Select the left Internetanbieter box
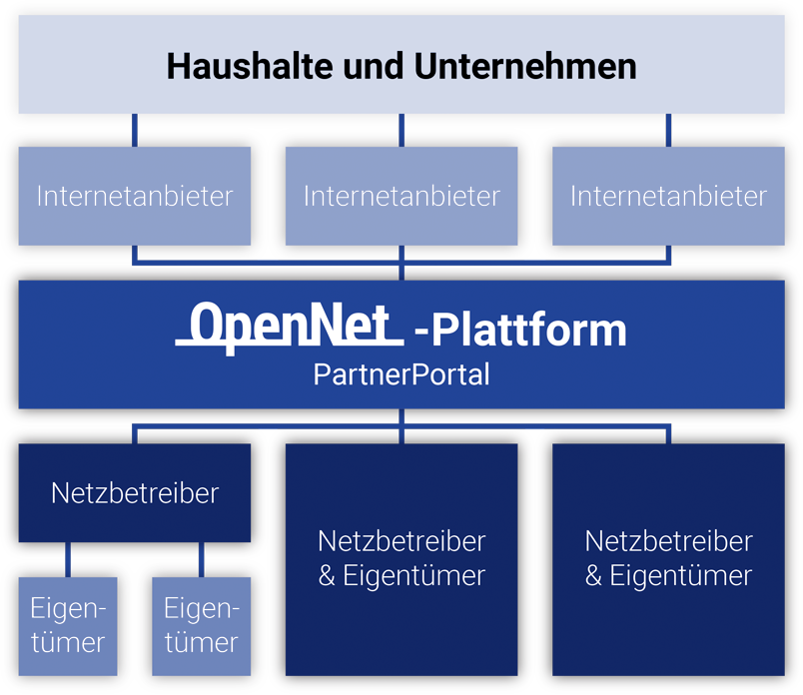pyautogui.click(x=135, y=196)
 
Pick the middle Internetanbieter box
pyautogui.click(x=401, y=196)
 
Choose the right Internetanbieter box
pyautogui.click(x=668, y=196)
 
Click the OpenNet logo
pyautogui.click(x=290, y=327)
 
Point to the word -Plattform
pyautogui.click(x=520, y=330)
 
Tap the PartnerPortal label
pyautogui.click(x=401, y=374)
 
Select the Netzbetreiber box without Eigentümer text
pyautogui.click(x=135, y=493)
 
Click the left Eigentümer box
pyautogui.click(x=68, y=625)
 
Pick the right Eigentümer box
pyautogui.click(x=201, y=625)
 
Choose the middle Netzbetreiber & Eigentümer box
pyautogui.click(x=401, y=558)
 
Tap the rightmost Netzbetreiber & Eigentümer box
pyautogui.click(x=668, y=558)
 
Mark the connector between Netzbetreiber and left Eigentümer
pyautogui.click(x=68, y=560)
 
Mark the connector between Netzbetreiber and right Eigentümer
pyautogui.click(x=201, y=560)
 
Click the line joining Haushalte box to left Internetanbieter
pyautogui.click(x=135, y=130)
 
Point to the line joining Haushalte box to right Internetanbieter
pyautogui.click(x=668, y=130)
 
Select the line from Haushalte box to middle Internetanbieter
pyautogui.click(x=401, y=130)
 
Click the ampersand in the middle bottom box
pyautogui.click(x=328, y=576)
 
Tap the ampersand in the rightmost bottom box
pyautogui.click(x=594, y=576)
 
